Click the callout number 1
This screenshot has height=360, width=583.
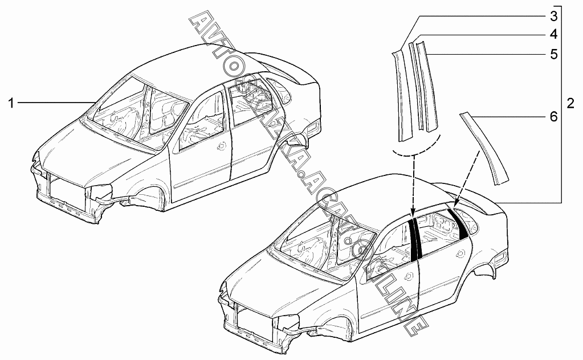[10, 103]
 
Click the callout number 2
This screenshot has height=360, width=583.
[570, 104]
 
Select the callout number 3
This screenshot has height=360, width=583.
[553, 14]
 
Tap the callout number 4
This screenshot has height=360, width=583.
[553, 34]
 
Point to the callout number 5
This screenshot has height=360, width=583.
[553, 55]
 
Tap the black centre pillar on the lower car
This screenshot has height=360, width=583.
[415, 239]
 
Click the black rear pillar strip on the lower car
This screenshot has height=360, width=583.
[458, 223]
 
